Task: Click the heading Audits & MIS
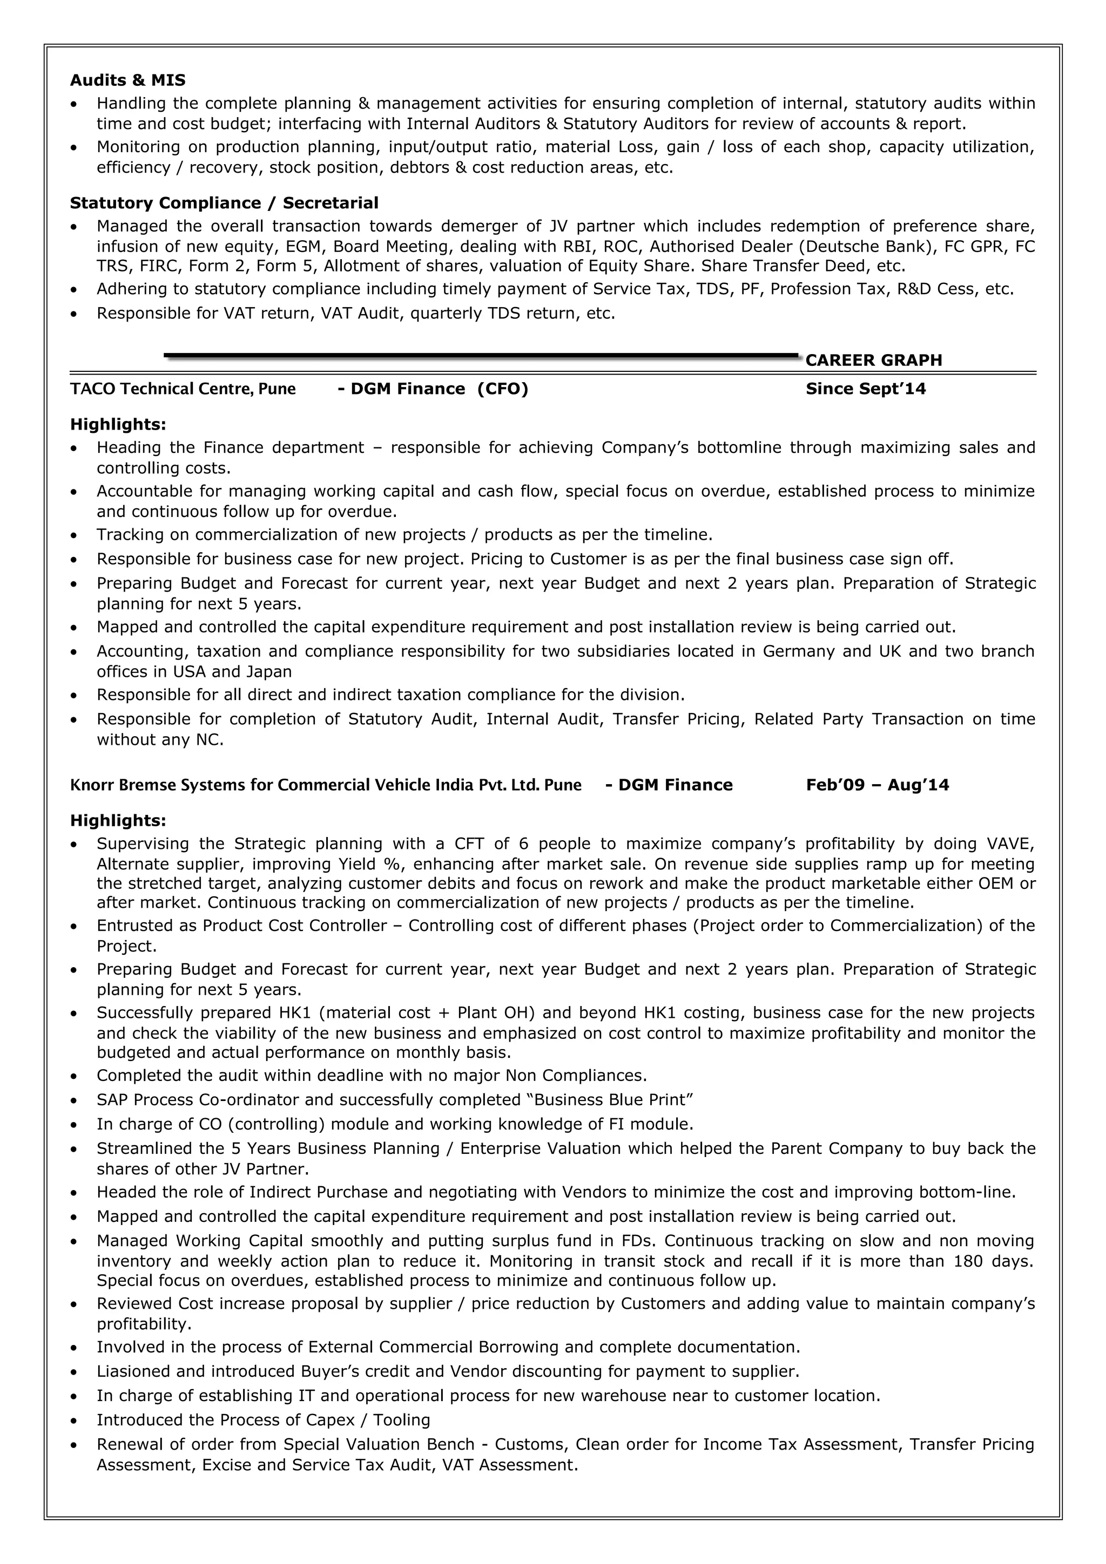pos(127,80)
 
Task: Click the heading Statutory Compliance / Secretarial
pos(224,203)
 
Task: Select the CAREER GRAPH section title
pos(874,361)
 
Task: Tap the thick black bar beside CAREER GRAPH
pos(481,356)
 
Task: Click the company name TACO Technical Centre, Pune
pos(183,389)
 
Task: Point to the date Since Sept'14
pos(866,389)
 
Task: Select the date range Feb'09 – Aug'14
pos(877,785)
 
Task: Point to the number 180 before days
pos(968,1260)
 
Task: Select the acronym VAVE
pos(1009,844)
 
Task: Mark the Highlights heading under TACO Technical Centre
pos(118,424)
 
